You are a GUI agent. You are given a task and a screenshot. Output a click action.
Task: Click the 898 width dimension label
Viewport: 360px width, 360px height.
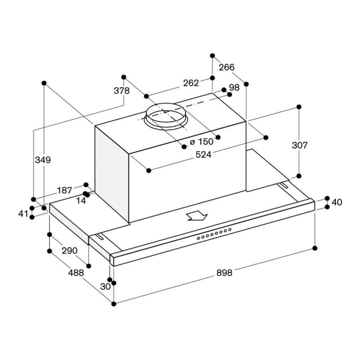pyautogui.click(x=224, y=273)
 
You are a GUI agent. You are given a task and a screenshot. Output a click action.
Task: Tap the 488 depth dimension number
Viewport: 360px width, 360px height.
pyautogui.click(x=76, y=273)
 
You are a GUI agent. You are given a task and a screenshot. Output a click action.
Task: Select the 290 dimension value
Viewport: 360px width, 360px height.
pyautogui.click(x=69, y=251)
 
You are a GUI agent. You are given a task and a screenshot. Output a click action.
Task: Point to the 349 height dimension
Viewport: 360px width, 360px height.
pyautogui.click(x=43, y=159)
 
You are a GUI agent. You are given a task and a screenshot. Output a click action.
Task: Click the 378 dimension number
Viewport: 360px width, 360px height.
pyautogui.click(x=122, y=91)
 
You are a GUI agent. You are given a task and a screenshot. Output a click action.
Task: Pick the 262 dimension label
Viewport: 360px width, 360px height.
pyautogui.click(x=191, y=83)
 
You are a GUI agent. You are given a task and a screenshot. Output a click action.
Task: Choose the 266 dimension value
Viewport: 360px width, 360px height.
pyautogui.click(x=226, y=67)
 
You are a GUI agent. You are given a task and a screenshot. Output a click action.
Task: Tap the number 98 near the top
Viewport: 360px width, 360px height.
pyautogui.click(x=234, y=87)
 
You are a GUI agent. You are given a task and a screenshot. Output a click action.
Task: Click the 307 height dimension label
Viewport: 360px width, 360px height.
pyautogui.click(x=300, y=145)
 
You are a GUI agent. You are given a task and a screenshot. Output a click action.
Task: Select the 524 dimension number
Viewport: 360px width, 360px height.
pyautogui.click(x=203, y=154)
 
